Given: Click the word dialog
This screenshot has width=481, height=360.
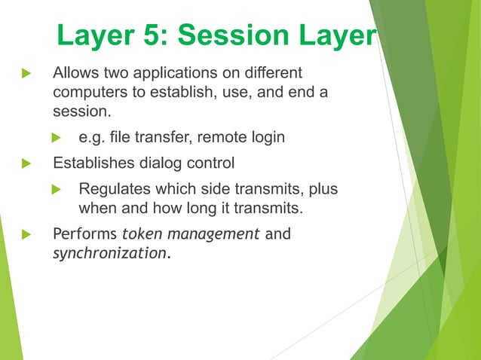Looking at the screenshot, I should click(167, 162).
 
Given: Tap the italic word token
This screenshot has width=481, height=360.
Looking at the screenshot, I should click(141, 233).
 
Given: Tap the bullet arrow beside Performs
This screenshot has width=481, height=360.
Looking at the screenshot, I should click(28, 233).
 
